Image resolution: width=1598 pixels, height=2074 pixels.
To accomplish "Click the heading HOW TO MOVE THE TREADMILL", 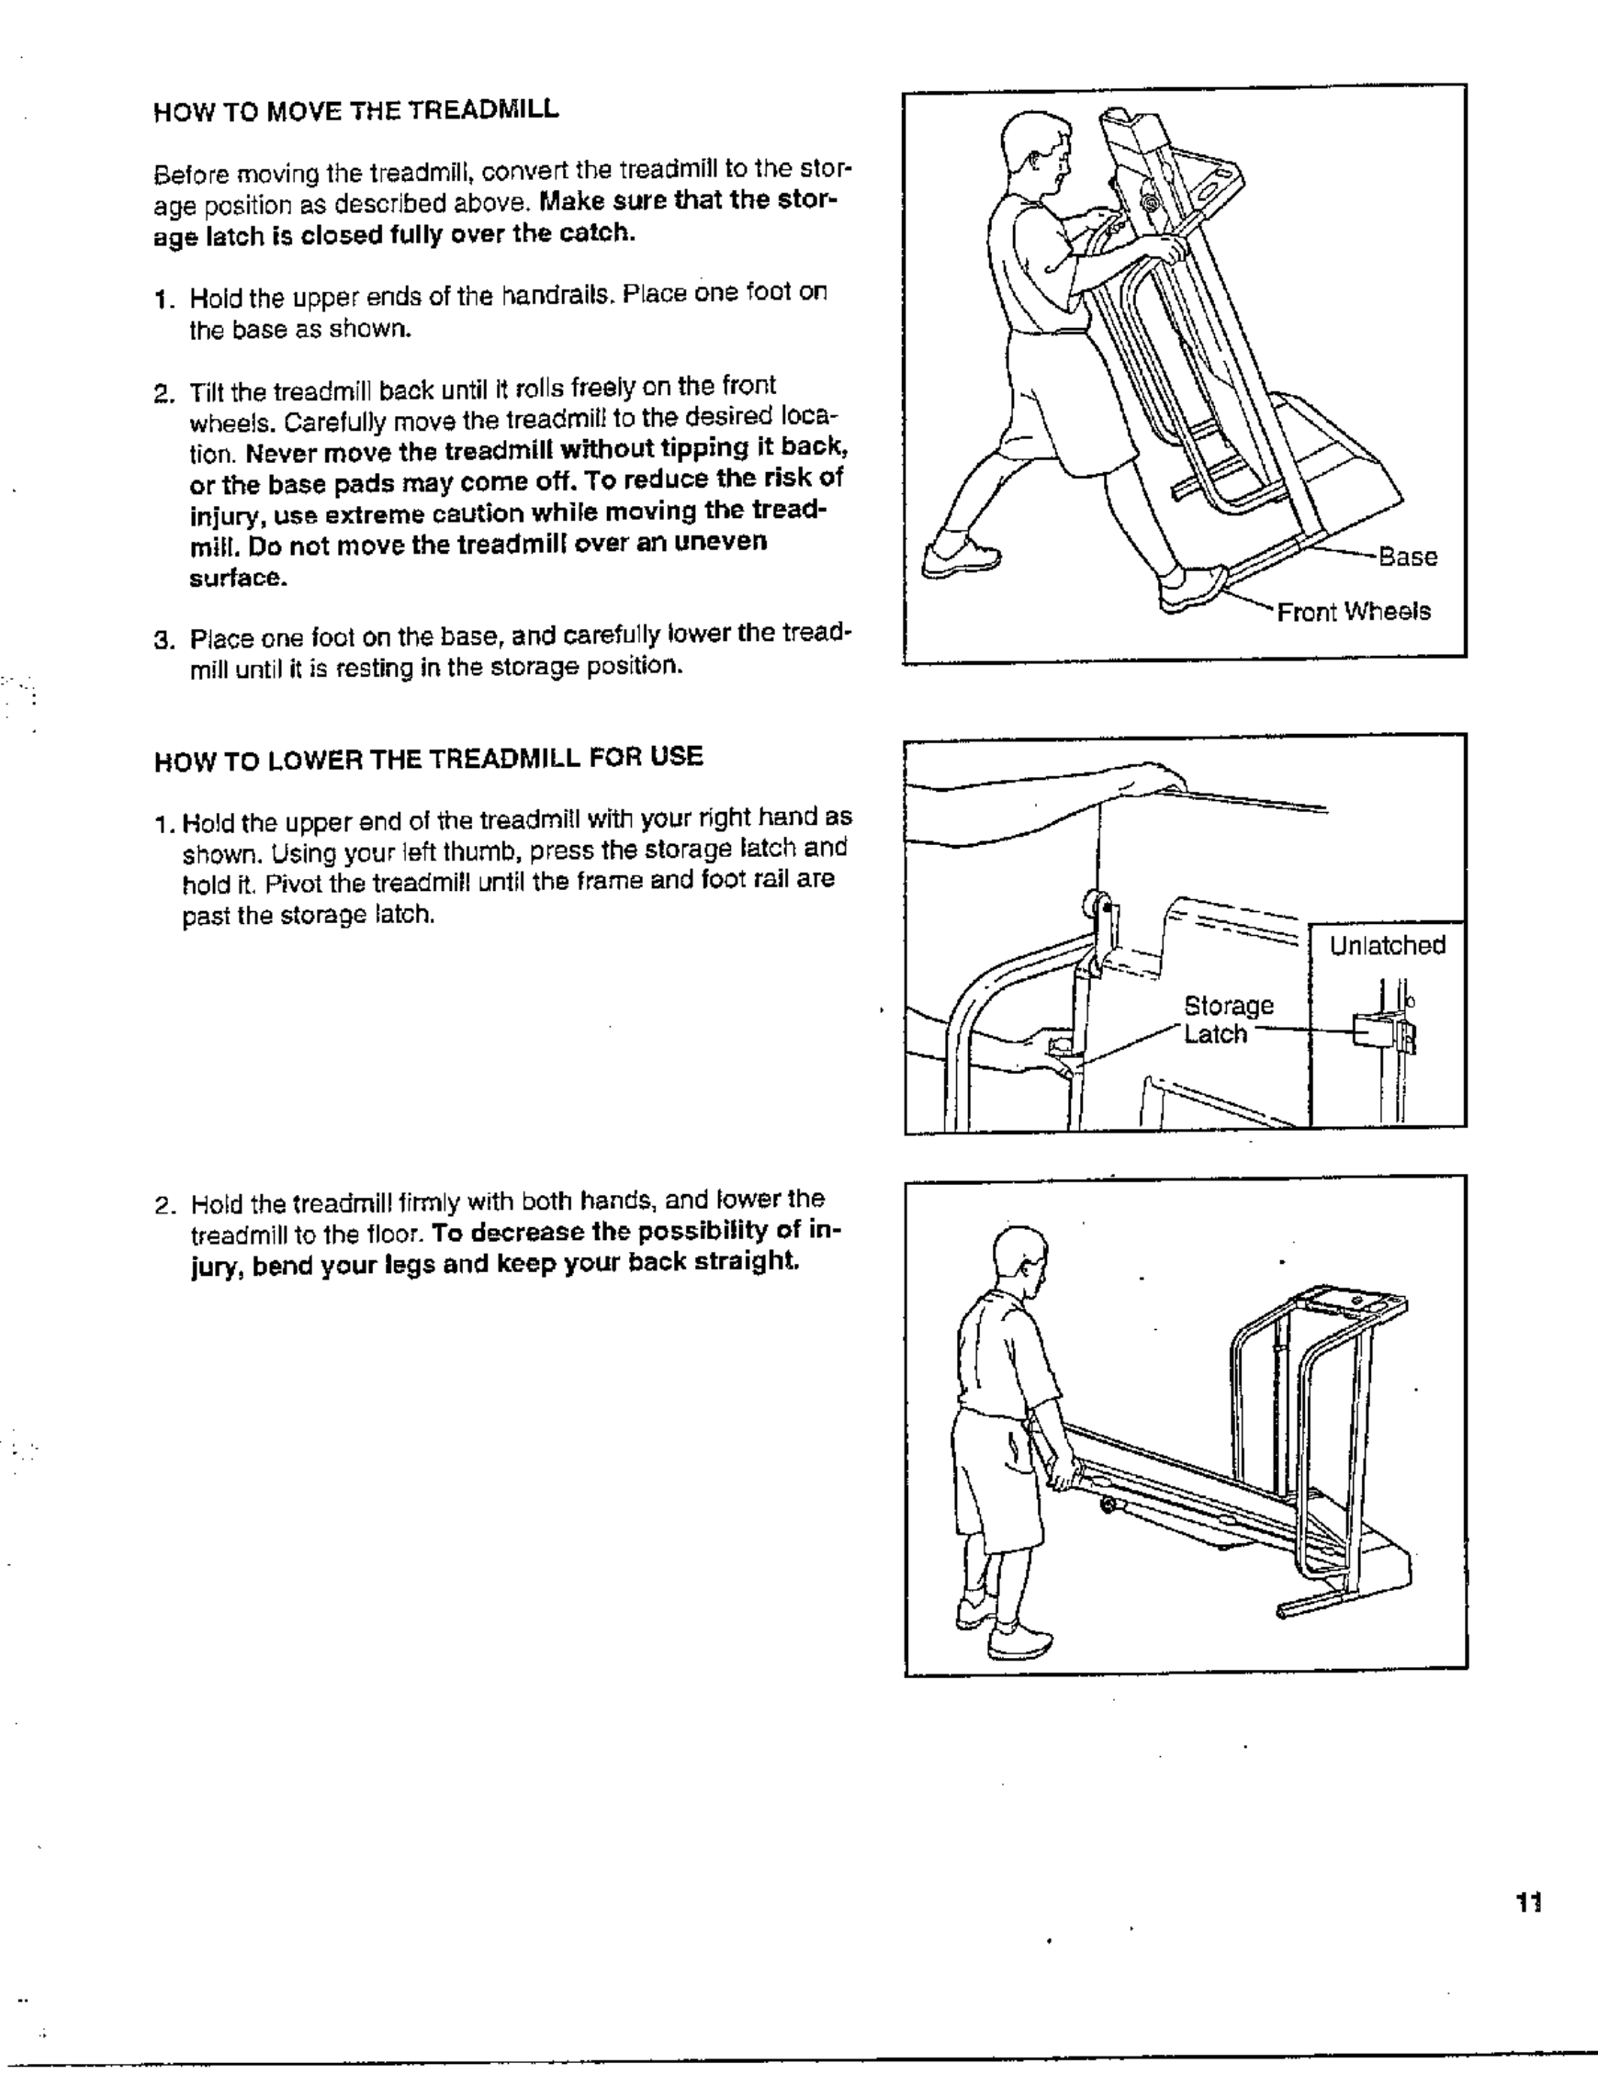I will coord(356,110).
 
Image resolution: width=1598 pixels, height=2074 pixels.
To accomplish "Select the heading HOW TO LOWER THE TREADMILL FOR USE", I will coord(428,758).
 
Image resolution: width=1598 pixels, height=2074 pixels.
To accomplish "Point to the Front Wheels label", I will coord(1353,613).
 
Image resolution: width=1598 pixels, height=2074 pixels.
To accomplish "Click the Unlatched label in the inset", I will coord(1387,946).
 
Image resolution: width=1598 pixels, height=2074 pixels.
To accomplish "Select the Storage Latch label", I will coord(1228,1020).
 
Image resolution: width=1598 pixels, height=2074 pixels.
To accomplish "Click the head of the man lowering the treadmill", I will coord(1018,1259).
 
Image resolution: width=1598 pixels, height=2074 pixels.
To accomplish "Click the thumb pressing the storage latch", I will coord(1056,1047).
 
